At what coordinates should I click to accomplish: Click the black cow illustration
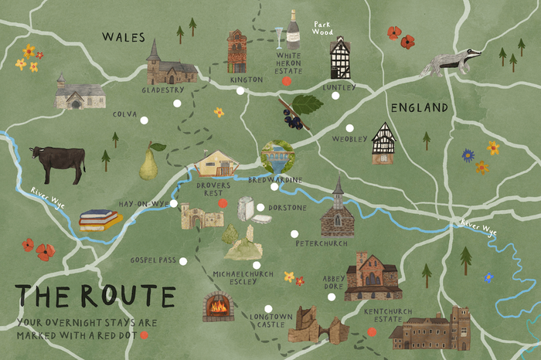[57, 163]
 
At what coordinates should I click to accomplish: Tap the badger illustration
[451, 63]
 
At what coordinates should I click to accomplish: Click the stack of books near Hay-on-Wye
[100, 219]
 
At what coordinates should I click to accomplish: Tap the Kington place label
[247, 80]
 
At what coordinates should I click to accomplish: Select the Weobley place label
[345, 139]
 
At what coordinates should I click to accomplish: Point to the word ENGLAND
[419, 107]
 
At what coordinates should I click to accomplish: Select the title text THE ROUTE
[95, 296]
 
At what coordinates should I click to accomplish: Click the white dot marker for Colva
[143, 119]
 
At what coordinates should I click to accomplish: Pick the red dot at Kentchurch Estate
[372, 331]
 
